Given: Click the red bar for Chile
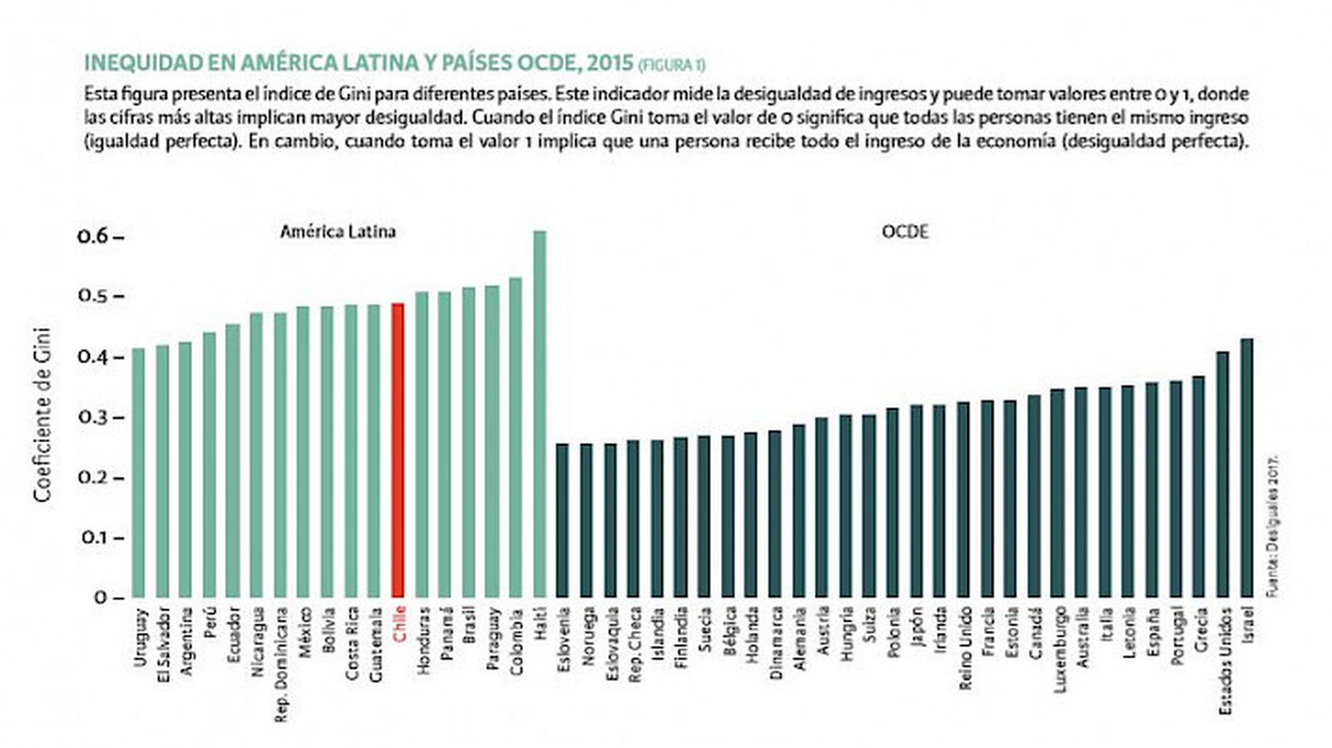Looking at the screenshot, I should point(398,450).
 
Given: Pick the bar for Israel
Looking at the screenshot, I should point(1246,467).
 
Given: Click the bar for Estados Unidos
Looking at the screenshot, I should point(1223,474).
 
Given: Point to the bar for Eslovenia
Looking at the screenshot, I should point(563,520).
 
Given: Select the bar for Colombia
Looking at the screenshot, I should point(515,437).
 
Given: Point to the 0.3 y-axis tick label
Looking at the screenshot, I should point(93,417).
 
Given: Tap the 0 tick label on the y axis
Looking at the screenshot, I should point(101,597).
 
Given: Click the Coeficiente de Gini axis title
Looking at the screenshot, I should point(42,415).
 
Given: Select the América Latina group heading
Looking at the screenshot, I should point(337,232).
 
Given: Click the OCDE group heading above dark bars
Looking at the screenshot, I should point(905,232).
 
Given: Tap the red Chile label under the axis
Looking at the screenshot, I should point(400,623).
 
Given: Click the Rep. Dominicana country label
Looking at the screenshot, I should point(281,664).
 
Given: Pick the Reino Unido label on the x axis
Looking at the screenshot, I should point(966,648).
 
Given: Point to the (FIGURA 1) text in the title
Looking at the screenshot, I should point(672,65).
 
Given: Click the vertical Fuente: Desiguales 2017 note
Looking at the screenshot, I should point(1271,526).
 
